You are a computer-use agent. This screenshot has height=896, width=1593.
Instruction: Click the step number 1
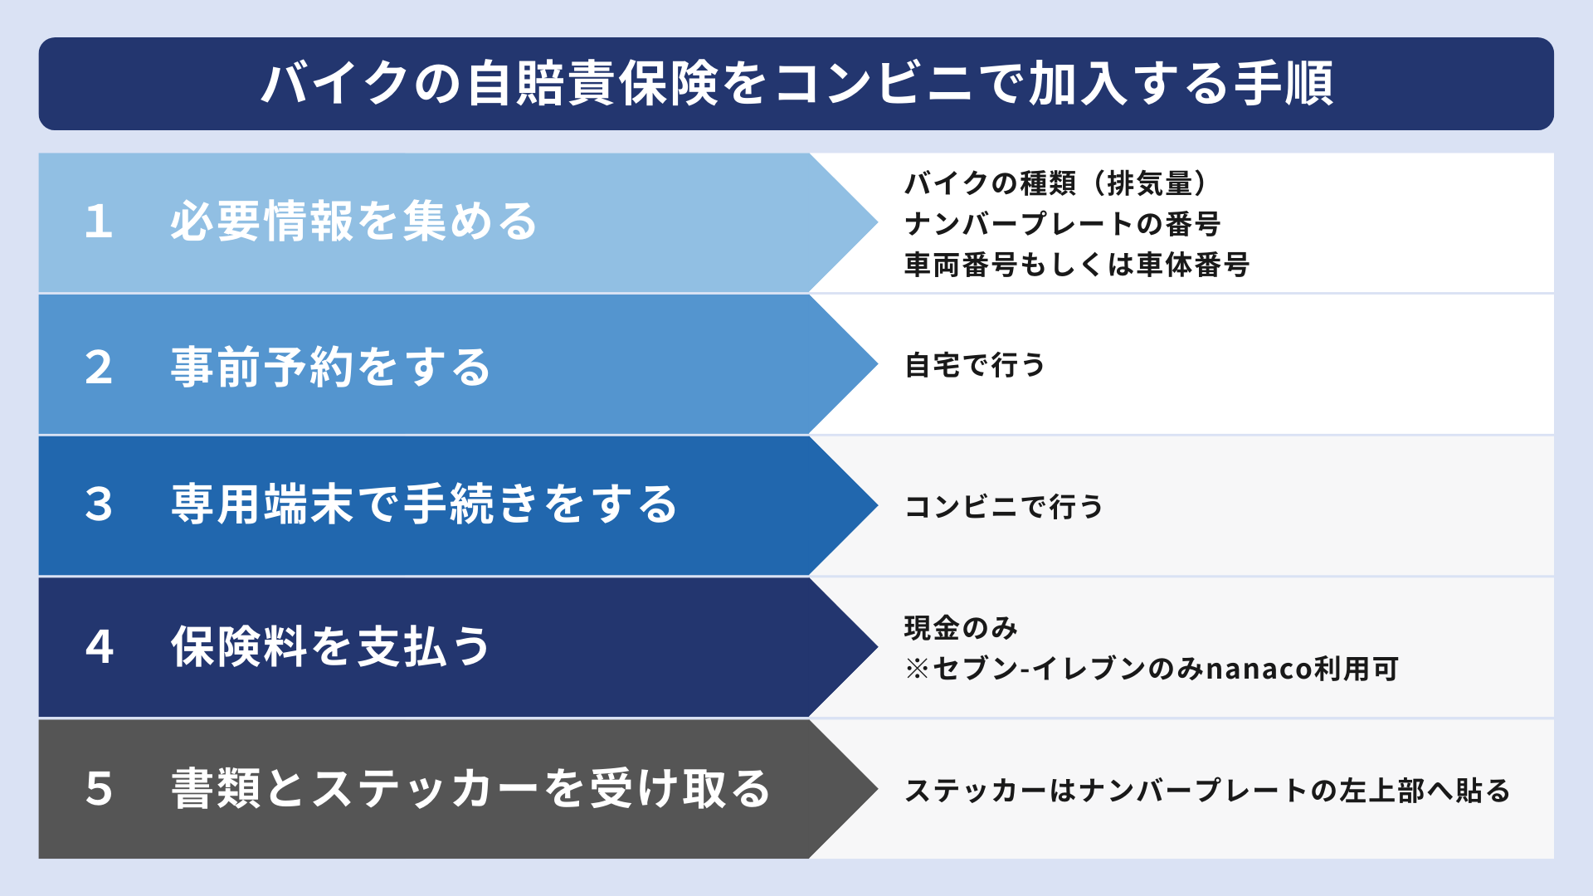[99, 222]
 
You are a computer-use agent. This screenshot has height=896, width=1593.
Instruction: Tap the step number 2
[99, 367]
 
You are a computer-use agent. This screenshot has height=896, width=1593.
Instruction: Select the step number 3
[99, 504]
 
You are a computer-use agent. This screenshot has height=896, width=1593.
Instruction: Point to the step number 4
[99, 647]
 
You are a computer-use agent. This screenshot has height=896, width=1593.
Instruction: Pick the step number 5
[99, 788]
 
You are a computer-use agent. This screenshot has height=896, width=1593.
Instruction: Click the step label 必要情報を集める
[354, 222]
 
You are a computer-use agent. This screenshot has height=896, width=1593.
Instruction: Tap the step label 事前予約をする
[331, 367]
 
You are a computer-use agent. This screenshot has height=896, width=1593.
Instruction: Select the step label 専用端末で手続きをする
[424, 504]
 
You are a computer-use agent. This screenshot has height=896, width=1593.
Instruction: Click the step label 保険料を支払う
[331, 647]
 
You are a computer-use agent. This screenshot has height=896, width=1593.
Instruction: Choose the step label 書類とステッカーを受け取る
[470, 788]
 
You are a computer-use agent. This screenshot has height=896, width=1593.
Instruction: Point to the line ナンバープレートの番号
[1063, 224]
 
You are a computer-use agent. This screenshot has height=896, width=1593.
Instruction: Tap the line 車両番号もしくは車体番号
[1077, 265]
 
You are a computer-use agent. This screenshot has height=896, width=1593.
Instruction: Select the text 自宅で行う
[975, 365]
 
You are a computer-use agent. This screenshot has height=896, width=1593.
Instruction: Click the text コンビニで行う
[1004, 506]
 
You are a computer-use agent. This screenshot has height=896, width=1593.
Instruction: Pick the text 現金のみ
[961, 628]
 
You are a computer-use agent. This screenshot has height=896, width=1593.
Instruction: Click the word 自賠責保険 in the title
[592, 84]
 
